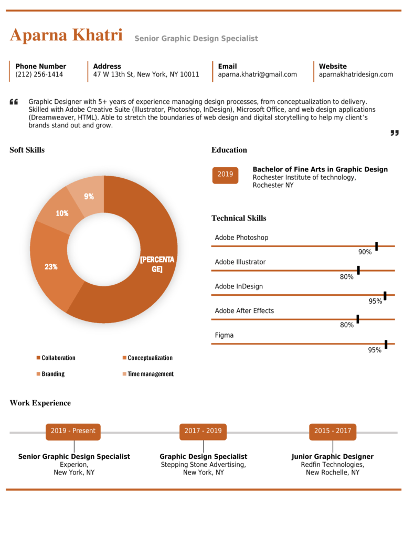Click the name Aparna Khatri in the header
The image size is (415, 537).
coord(66,36)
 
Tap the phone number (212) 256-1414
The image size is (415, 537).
coord(39,74)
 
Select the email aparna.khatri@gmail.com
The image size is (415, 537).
coord(257,74)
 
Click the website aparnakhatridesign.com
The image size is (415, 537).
coord(356,74)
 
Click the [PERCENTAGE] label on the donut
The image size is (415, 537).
coord(157,264)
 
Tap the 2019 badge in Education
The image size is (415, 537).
coord(225,175)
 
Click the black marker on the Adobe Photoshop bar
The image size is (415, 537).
coord(376,246)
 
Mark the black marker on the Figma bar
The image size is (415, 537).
coord(386,344)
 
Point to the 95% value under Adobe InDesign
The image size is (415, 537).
coord(375,301)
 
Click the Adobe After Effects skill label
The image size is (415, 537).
coord(244,311)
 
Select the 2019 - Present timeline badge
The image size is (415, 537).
coord(73,431)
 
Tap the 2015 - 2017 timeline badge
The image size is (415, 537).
coord(333,431)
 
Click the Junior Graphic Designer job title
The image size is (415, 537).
coord(333,457)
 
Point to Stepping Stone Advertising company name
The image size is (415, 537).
coord(203,465)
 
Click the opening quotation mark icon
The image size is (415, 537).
coord(14,102)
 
